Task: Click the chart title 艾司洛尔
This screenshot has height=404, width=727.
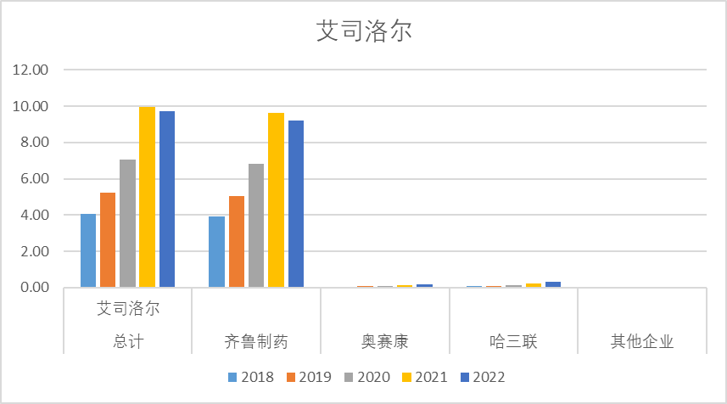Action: coord(363,31)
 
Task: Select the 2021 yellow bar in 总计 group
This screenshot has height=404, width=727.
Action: coord(148,197)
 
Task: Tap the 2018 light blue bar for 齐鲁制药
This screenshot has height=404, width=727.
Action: coord(216,252)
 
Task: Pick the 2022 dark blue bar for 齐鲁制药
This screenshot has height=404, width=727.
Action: coord(295,204)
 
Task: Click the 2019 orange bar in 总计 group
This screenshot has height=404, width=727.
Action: coord(108,240)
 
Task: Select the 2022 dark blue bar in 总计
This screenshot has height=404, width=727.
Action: coord(167,199)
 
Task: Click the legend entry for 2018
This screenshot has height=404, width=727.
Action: coord(251,377)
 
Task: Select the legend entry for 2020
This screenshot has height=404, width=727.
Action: coord(367,377)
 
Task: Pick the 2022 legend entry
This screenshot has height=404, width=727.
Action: coord(484,377)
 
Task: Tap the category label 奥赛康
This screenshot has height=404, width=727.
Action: coord(384,342)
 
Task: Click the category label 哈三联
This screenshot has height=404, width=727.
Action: coord(513,342)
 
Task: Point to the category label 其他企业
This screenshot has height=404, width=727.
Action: coord(642,342)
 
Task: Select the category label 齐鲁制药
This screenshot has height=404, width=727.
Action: coord(256,342)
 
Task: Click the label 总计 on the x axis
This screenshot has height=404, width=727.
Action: coord(128,342)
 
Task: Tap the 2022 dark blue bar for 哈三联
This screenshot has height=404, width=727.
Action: coord(553,284)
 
